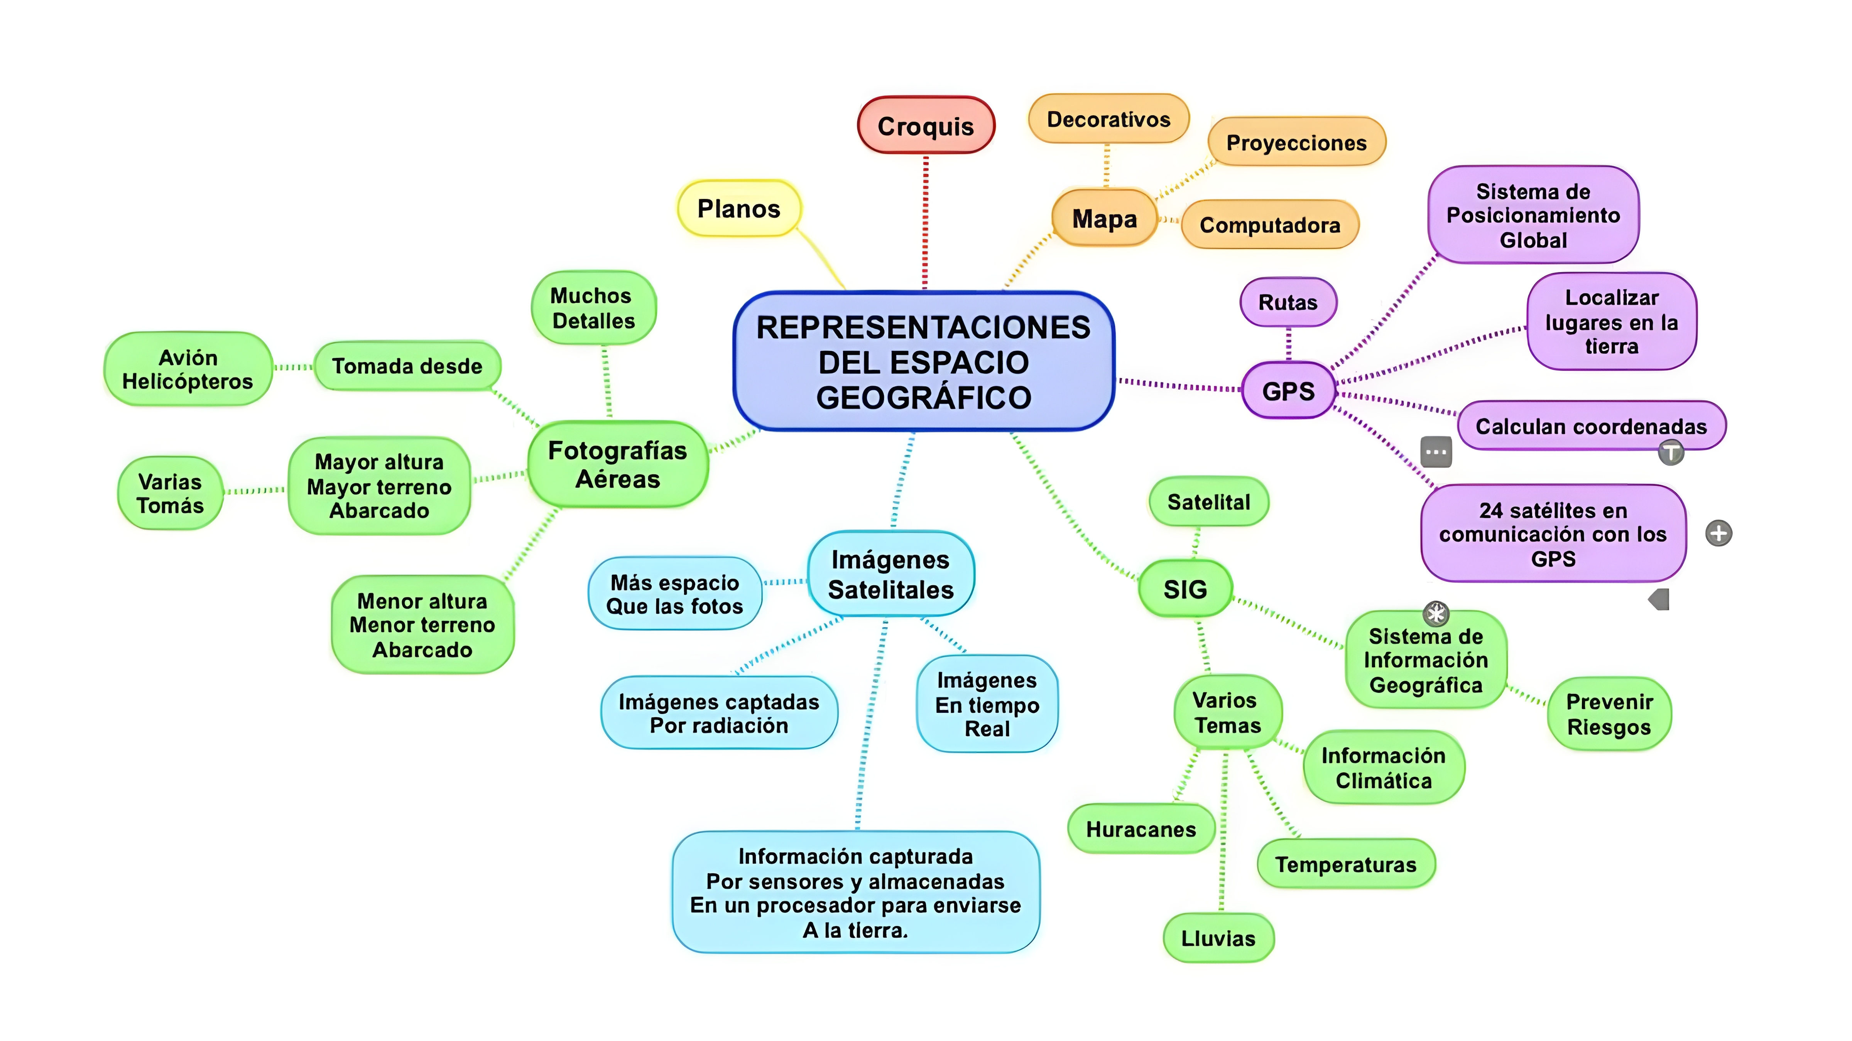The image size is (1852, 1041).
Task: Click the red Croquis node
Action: click(926, 126)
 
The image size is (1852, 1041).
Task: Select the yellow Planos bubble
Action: click(739, 209)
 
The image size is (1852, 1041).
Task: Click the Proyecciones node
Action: click(1296, 142)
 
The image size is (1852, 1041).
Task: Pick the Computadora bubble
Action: click(1270, 225)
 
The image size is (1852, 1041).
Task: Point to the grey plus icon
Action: click(1719, 533)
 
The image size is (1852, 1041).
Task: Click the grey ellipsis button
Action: click(1436, 452)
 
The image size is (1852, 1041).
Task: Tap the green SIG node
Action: click(1185, 589)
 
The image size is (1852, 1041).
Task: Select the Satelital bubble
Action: click(1208, 502)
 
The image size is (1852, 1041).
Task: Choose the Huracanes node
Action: click(1141, 829)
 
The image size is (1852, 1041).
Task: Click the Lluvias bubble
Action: click(1218, 938)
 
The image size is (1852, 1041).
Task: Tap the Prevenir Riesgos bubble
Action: click(1609, 714)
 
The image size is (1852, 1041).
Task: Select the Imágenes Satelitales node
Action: click(891, 574)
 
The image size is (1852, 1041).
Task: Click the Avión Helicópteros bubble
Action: click(188, 369)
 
